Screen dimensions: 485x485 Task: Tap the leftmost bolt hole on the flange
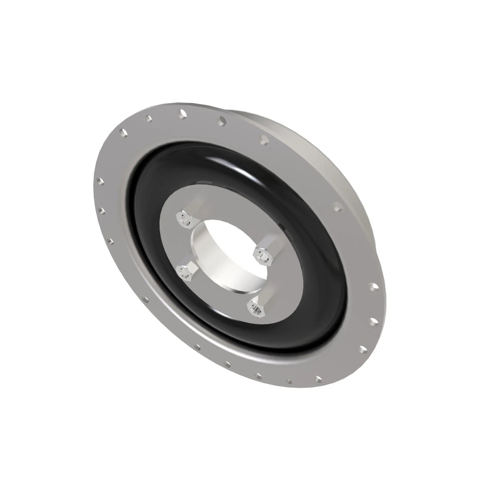[100, 181]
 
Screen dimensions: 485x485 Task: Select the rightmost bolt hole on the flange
[373, 287]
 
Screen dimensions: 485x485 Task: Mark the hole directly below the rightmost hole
[373, 321]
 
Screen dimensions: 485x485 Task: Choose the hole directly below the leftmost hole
[102, 210]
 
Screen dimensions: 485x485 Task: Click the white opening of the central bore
[234, 241]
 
